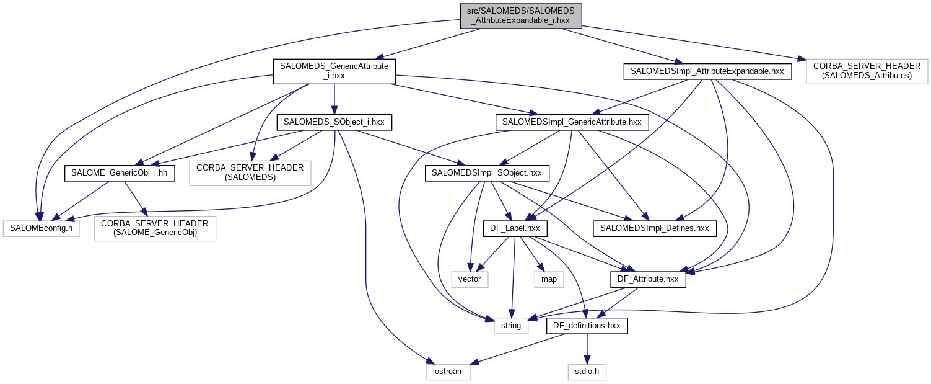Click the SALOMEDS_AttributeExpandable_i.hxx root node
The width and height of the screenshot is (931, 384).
coord(520,16)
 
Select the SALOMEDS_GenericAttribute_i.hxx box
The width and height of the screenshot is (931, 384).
coord(334,71)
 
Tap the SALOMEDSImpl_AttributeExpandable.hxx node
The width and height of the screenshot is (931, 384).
coord(707,71)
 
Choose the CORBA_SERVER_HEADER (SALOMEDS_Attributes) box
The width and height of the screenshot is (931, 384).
coord(867,71)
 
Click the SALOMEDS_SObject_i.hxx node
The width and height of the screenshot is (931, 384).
coord(334,122)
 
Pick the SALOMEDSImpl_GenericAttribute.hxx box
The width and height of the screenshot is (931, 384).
coord(572,122)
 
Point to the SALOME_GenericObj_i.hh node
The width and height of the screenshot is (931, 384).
coord(120,172)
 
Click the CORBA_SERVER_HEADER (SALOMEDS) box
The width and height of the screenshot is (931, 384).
coord(250,172)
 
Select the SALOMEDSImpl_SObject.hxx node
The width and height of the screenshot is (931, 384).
coord(487,172)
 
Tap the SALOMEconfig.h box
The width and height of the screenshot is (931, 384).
coord(41,228)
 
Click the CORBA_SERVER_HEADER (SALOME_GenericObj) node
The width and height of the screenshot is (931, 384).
coord(155,228)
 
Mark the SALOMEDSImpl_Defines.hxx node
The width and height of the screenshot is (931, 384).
coord(655,228)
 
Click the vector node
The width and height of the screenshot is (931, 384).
coord(470,279)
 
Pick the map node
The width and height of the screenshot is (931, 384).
coord(549,279)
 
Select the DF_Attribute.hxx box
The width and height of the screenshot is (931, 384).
coord(648,279)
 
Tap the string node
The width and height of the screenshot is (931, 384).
coord(511,325)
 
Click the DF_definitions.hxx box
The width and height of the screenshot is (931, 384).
coord(587,325)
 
